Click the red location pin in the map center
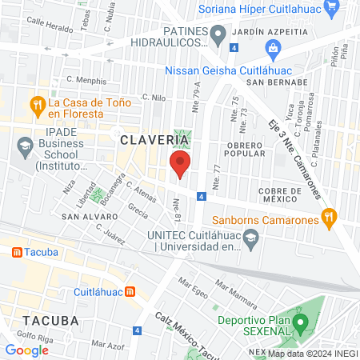coord(179,166)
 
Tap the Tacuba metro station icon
coord(15,252)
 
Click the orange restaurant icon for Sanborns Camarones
coord(327,216)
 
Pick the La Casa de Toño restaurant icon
coord(36,104)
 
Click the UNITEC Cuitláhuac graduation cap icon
coord(251,238)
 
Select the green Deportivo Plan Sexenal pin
coord(300,325)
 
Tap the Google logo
coord(26,350)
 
